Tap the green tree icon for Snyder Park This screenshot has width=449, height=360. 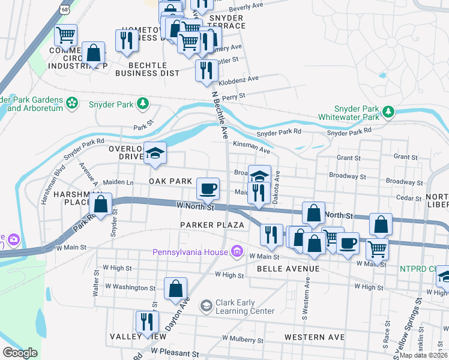[x=143, y=104]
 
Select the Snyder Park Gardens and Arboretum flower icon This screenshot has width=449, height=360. [x=73, y=103]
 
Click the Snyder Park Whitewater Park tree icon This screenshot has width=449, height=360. [x=388, y=112]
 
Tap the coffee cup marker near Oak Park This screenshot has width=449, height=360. [x=208, y=189]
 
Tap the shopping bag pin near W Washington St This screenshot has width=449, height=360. [x=175, y=289]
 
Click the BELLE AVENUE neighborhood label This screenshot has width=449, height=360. [x=288, y=269]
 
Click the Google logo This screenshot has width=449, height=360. [x=20, y=352]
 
